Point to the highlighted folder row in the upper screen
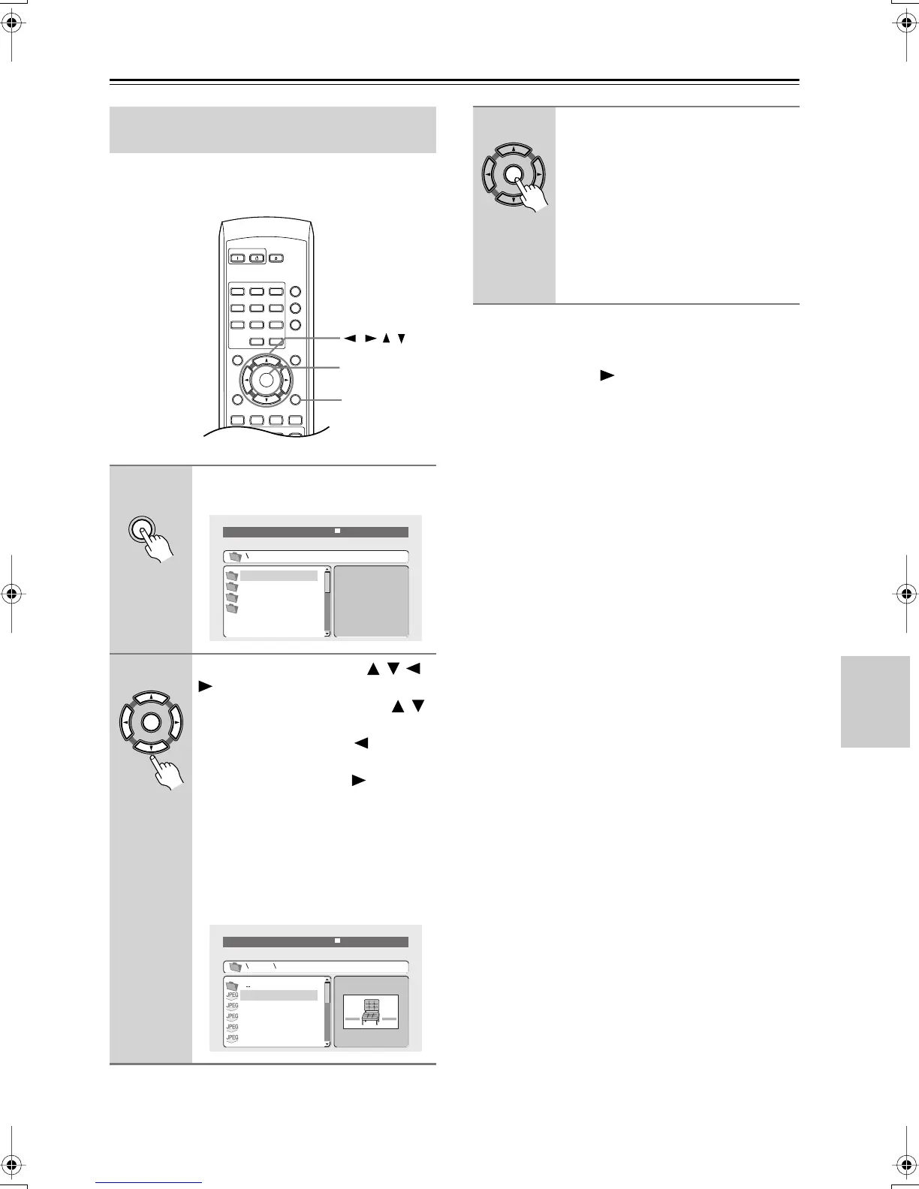[x=279, y=576]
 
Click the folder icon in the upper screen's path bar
[x=235, y=557]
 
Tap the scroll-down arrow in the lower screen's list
[x=327, y=1043]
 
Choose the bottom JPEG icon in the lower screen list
[x=233, y=1039]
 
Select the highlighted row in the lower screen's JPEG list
[x=279, y=995]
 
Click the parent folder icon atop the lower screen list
[x=233, y=986]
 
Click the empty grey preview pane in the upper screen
[x=371, y=601]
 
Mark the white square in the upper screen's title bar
[x=338, y=531]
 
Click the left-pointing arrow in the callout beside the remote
[x=349, y=339]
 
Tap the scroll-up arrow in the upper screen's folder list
[x=327, y=569]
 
